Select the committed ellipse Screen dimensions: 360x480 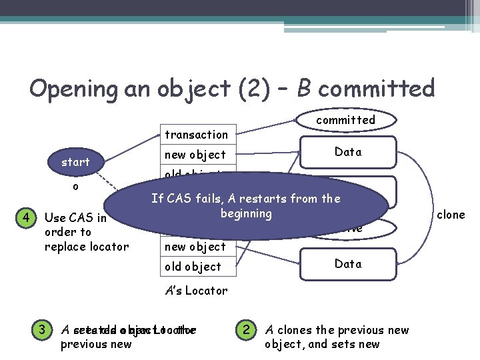(x=345, y=120)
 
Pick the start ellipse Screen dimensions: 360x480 (x=75, y=162)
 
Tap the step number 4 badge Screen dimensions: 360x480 (x=25, y=218)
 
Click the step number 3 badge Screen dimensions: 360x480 (x=41, y=329)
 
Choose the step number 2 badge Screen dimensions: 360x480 (x=246, y=329)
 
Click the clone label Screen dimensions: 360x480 (x=451, y=215)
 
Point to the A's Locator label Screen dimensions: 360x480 (x=196, y=291)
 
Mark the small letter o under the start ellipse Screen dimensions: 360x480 (x=75, y=187)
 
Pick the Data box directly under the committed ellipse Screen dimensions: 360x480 (x=348, y=152)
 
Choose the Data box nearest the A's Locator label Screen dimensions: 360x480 (x=348, y=264)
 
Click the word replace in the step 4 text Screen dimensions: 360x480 (x=63, y=247)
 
